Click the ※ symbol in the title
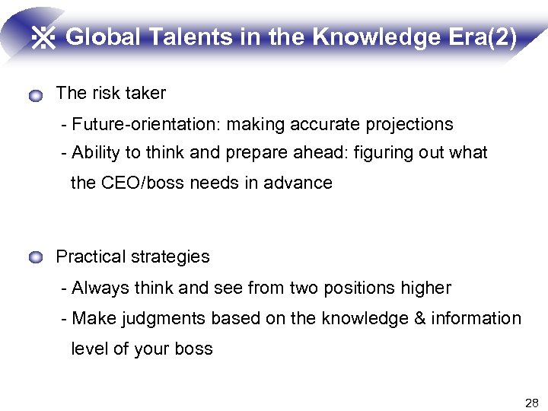point(44,38)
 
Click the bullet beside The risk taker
point(36,96)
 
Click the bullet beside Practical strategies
point(36,259)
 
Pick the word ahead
point(320,153)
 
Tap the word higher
point(425,288)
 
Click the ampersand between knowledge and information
point(419,319)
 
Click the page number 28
point(531,402)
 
